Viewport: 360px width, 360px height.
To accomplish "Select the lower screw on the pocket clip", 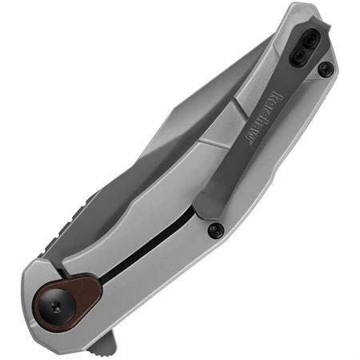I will (x=298, y=58).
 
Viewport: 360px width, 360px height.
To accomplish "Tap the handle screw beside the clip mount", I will (x=324, y=70).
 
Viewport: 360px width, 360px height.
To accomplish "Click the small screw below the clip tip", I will (x=214, y=230).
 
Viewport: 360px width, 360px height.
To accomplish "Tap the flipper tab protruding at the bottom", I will (x=102, y=342).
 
